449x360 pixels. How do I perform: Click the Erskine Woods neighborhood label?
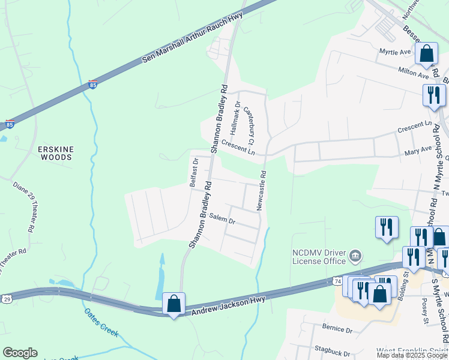(x=55, y=152)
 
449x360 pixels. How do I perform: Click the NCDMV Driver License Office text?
(x=319, y=257)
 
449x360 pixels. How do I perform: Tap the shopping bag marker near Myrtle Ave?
(x=426, y=53)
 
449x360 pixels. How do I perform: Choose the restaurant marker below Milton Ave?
(x=433, y=95)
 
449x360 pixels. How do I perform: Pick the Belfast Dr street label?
(x=194, y=173)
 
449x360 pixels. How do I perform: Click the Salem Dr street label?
(x=222, y=220)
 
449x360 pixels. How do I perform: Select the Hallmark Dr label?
(x=237, y=113)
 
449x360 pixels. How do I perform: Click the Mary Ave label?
(x=418, y=149)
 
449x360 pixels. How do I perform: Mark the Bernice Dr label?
(x=338, y=329)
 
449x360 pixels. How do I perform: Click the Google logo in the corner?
(x=20, y=353)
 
